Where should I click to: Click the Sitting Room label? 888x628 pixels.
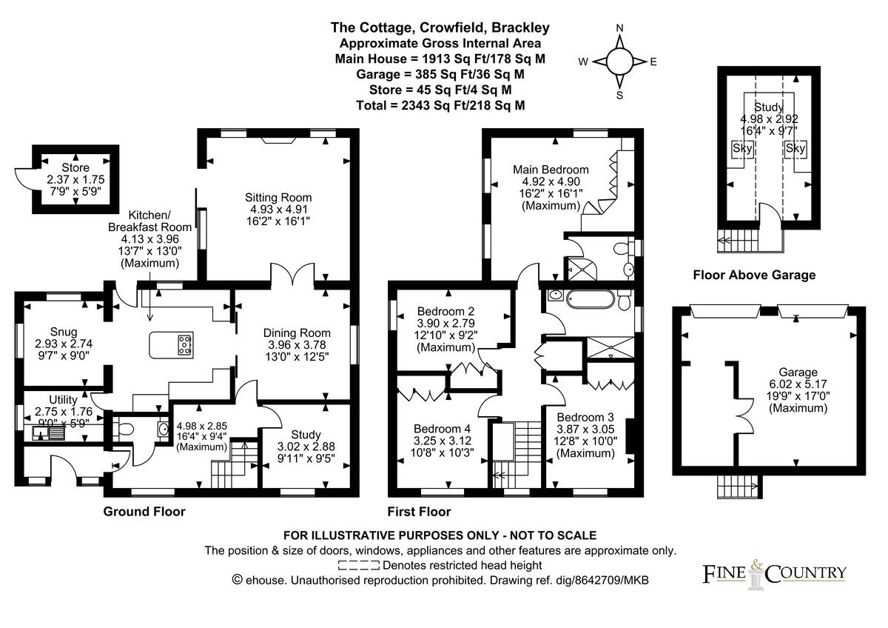pos(278,198)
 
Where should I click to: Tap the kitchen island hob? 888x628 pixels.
pos(184,344)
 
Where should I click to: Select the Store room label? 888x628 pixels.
pos(75,168)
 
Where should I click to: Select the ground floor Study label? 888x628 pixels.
pos(306,434)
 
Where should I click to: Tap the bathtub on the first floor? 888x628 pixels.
pos(584,300)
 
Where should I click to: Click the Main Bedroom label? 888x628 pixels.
pos(551,170)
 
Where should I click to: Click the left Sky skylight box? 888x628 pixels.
pos(741,148)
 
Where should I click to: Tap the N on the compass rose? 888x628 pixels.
pos(620,28)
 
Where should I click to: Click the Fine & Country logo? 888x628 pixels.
pos(773,572)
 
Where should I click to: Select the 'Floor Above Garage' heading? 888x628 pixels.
pos(753,275)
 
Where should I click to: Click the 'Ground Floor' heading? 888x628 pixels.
pos(144,512)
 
